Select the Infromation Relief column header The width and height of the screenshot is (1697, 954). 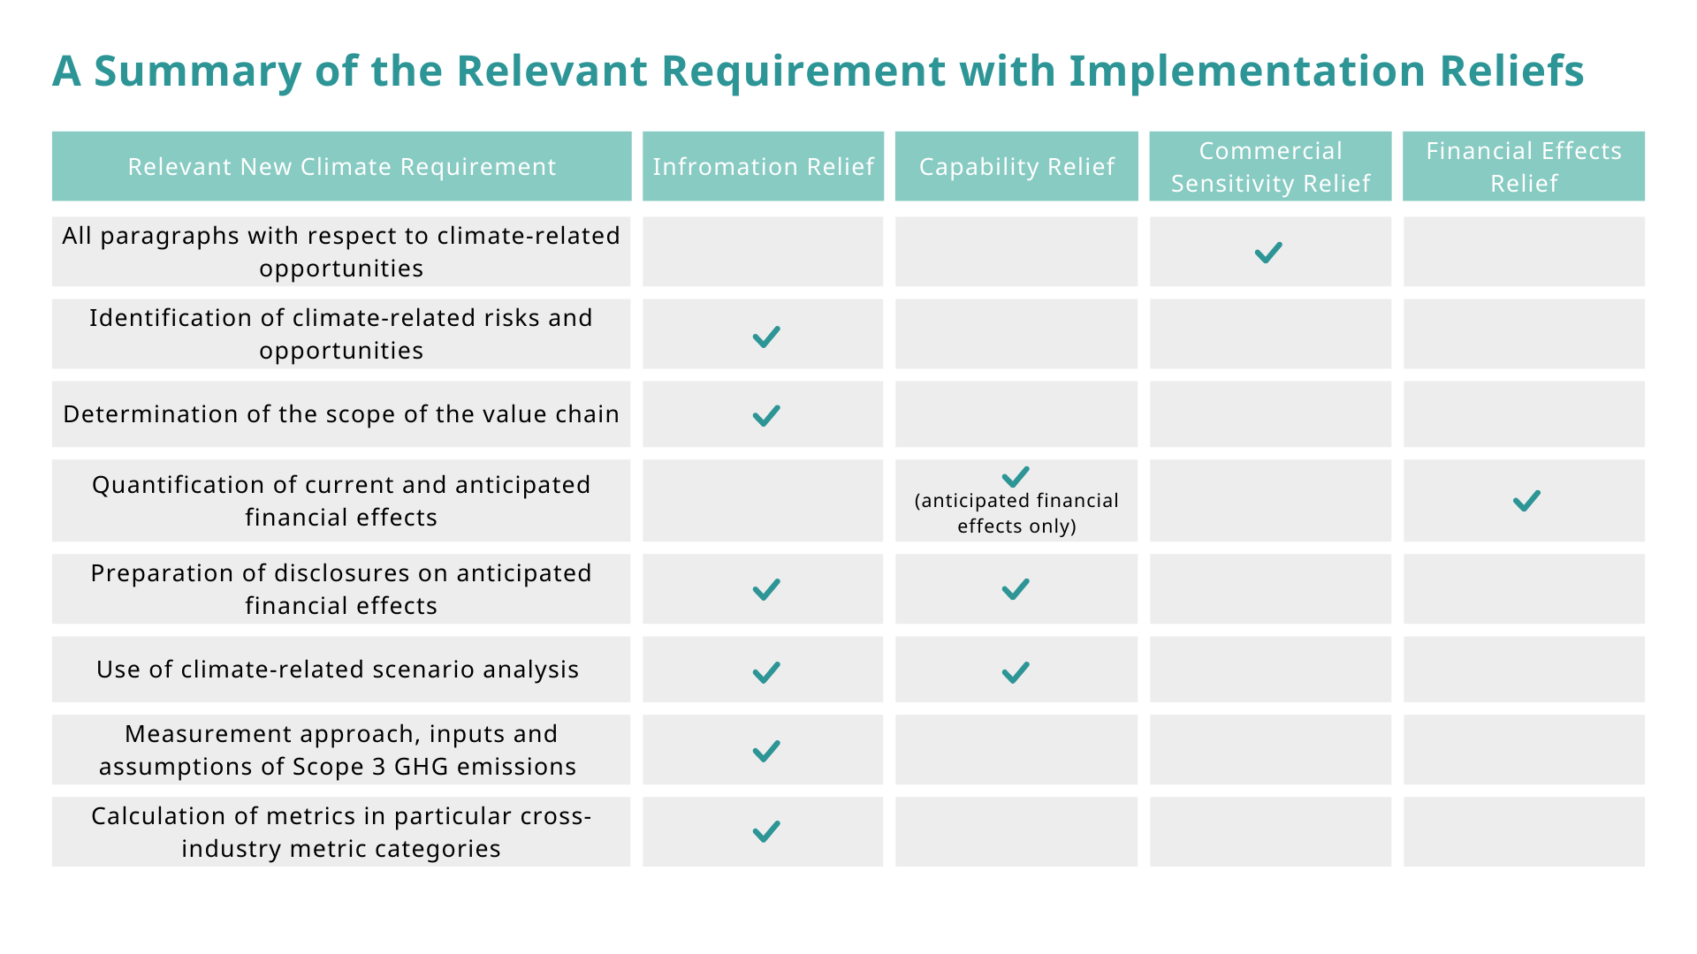pyautogui.click(x=763, y=166)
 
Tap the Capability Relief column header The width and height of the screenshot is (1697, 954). pyautogui.click(x=1016, y=166)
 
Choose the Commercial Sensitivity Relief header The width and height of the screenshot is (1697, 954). pyautogui.click(x=1270, y=166)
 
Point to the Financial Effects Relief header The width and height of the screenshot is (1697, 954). pyautogui.click(x=1524, y=166)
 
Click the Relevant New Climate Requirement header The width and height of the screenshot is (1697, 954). pyautogui.click(x=342, y=166)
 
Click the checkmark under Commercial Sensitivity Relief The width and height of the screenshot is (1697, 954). pyautogui.click(x=1268, y=253)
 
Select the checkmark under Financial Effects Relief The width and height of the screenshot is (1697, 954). pyautogui.click(x=1526, y=501)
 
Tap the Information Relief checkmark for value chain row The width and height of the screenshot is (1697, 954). pyautogui.click(x=766, y=415)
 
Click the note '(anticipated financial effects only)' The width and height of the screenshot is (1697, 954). pyautogui.click(x=1016, y=513)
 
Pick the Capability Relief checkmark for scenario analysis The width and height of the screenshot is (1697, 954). pyautogui.click(x=1016, y=672)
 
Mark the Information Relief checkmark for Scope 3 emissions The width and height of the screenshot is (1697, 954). pyautogui.click(x=766, y=751)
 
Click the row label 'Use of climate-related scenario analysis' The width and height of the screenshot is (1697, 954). pyautogui.click(x=338, y=670)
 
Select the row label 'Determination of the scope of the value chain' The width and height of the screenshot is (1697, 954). pyautogui.click(x=341, y=414)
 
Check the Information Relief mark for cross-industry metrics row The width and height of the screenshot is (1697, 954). pyautogui.click(x=766, y=831)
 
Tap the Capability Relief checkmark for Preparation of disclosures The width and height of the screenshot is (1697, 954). pyautogui.click(x=1016, y=589)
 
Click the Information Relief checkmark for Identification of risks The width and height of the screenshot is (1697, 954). pyautogui.click(x=766, y=337)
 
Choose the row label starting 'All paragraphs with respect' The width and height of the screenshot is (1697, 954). pyautogui.click(x=341, y=252)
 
